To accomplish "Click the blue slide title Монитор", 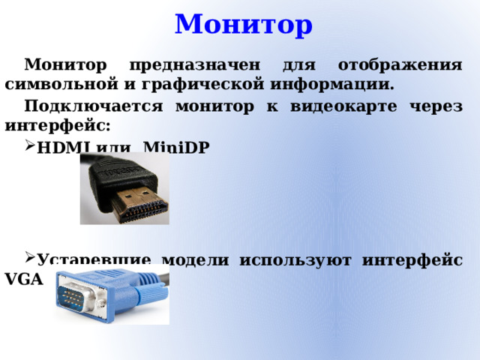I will pyautogui.click(x=244, y=24).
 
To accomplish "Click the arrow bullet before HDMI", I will pyautogui.click(x=29, y=147).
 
